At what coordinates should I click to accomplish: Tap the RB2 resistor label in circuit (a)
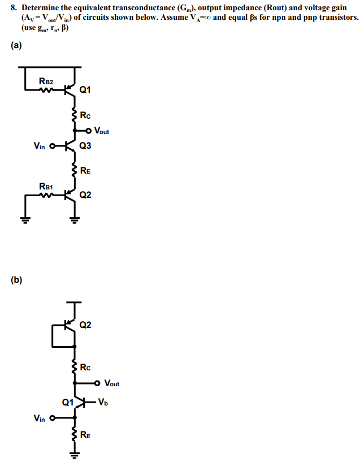[46, 81]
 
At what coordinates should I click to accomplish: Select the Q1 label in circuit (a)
[85, 89]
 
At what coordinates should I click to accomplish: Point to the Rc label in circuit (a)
[85, 117]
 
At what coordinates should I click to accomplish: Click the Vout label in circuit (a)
[102, 131]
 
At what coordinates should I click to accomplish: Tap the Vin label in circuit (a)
[40, 145]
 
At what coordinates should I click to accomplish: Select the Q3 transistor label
[85, 145]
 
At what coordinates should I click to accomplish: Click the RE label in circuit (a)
[85, 170]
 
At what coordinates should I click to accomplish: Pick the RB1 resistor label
[46, 185]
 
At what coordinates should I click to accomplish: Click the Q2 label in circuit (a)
[85, 195]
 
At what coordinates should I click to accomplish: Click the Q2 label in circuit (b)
[85, 325]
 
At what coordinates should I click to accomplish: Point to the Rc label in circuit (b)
[85, 368]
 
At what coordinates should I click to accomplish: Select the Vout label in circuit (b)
[112, 383]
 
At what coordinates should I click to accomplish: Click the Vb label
[102, 403]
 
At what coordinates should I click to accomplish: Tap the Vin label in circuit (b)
[40, 418]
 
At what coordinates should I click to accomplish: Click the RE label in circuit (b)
[85, 435]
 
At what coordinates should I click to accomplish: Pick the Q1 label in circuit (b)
[67, 403]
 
